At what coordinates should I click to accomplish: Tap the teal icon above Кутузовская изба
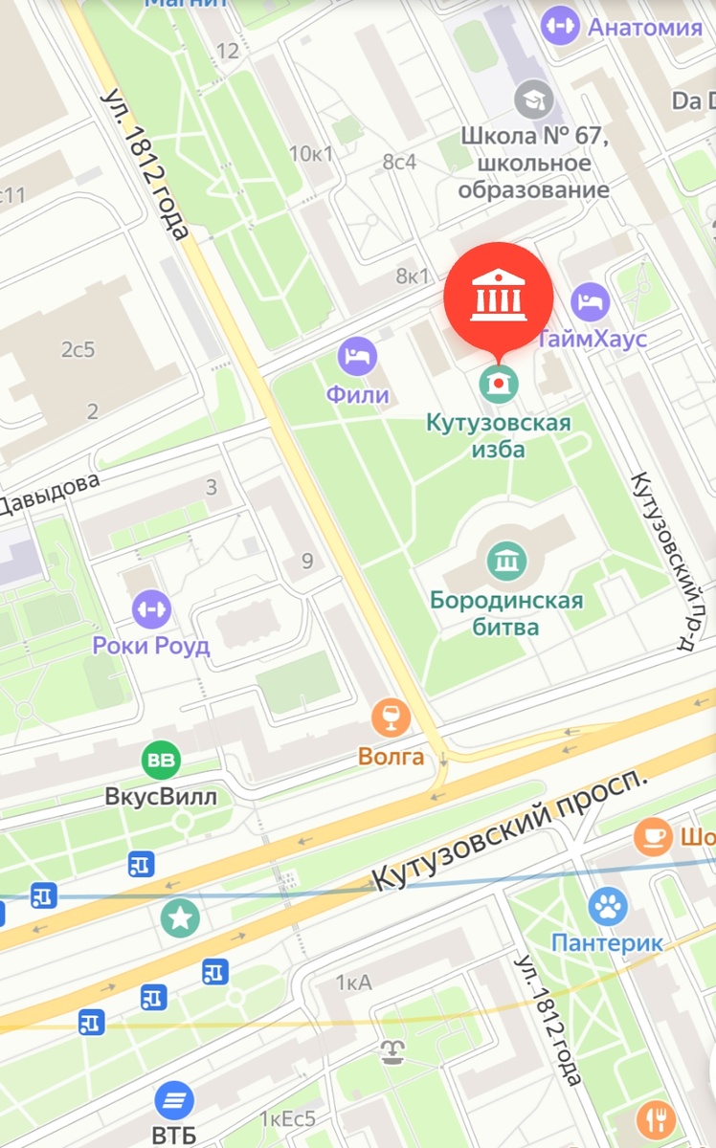pos(498,384)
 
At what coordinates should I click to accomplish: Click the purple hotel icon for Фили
pos(357,358)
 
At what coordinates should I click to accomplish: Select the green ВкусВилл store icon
pos(161,762)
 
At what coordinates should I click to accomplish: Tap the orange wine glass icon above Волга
pos(391,716)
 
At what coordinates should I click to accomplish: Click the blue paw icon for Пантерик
pos(607,905)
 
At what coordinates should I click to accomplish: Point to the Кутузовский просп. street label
pos(507,829)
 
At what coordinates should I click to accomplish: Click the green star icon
pos(179,918)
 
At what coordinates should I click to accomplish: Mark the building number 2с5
pos(78,350)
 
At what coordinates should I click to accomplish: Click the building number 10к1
pos(312,153)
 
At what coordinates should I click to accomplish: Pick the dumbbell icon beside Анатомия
pos(560,25)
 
